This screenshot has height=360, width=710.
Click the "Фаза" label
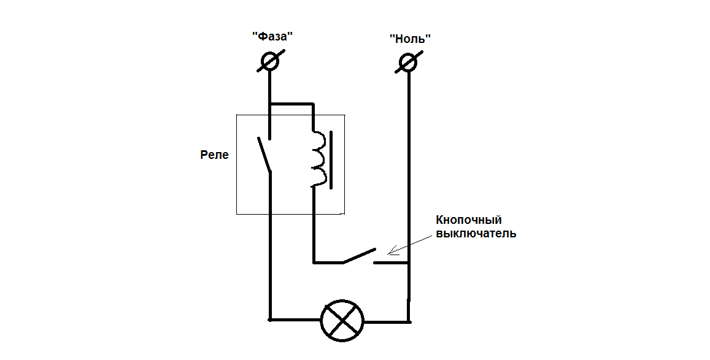click(272, 36)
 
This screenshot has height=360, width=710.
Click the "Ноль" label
click(410, 39)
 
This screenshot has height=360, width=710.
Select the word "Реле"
click(214, 155)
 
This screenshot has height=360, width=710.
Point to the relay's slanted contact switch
click(264, 155)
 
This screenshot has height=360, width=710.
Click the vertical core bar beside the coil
click(331, 158)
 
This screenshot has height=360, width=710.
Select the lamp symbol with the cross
click(342, 320)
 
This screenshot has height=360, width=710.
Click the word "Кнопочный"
click(469, 220)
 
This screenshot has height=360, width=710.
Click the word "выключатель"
click(476, 234)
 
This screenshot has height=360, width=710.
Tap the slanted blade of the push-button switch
click(359, 256)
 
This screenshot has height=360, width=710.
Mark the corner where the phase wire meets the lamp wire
click(270, 320)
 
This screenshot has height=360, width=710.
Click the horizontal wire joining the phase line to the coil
click(291, 104)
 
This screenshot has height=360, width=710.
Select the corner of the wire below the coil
click(314, 262)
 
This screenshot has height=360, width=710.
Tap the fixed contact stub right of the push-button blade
click(390, 263)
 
